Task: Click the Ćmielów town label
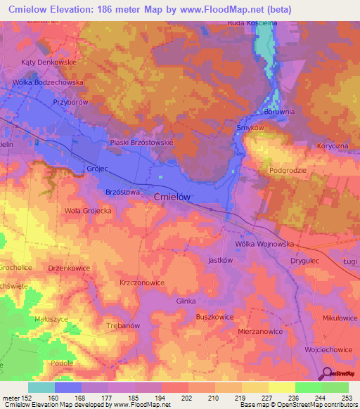point(172,198)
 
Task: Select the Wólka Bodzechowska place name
point(48,82)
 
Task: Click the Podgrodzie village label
point(288,170)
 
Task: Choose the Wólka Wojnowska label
point(264,243)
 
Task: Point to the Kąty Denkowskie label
point(48,61)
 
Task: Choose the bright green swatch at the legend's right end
point(335,387)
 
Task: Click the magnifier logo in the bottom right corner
point(327,374)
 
